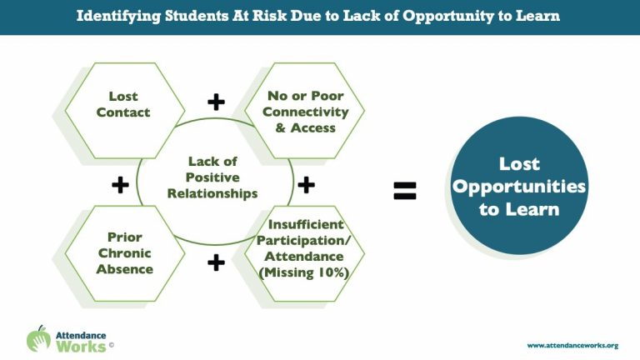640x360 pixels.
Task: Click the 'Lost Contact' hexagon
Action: (124, 110)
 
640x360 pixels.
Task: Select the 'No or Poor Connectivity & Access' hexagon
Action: (304, 110)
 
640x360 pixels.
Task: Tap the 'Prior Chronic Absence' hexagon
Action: (124, 253)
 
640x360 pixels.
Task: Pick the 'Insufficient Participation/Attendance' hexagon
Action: (304, 253)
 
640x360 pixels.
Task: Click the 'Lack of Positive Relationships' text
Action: (212, 177)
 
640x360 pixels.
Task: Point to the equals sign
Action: (405, 191)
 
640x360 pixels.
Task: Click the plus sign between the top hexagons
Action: (216, 102)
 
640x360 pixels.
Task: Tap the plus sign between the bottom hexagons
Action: (216, 262)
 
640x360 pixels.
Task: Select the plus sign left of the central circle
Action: (120, 185)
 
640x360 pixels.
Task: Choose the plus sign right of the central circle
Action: (306, 185)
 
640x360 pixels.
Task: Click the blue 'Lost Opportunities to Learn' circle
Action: (519, 186)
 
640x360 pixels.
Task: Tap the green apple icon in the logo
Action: (39, 339)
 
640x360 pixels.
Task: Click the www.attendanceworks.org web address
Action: (572, 345)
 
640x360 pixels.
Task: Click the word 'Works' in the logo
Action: (81, 347)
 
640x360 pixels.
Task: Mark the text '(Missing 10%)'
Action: (303, 272)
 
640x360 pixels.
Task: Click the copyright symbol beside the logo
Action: (112, 345)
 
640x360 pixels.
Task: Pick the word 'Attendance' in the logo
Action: (81, 336)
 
